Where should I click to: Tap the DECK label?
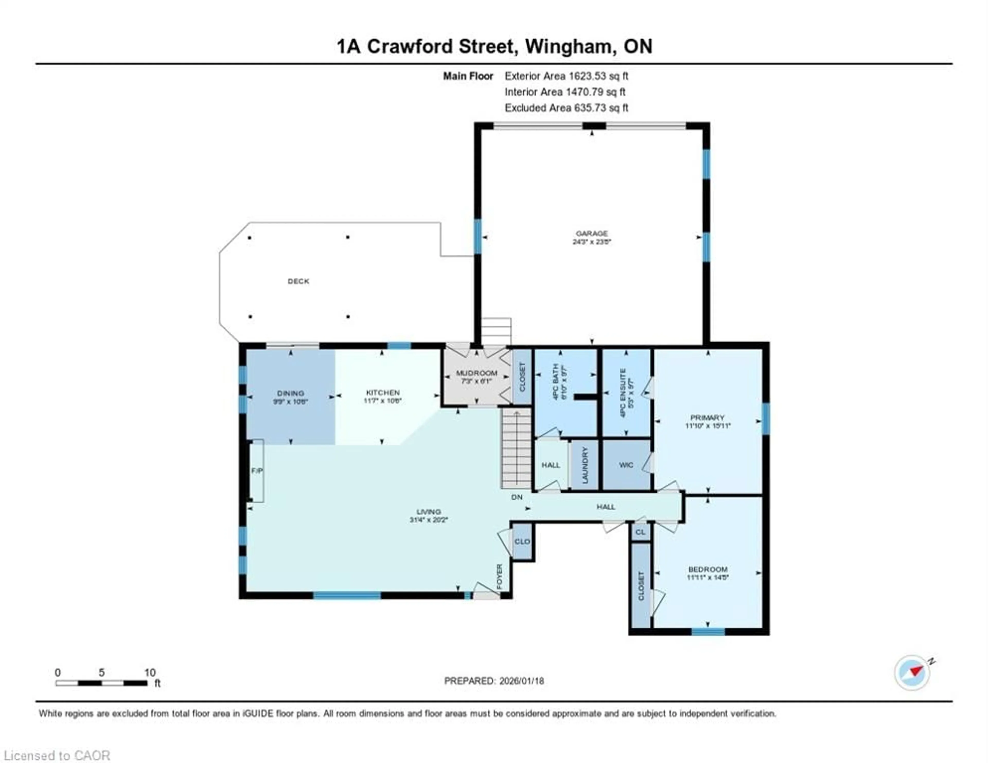(298, 281)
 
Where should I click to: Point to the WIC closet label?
(626, 465)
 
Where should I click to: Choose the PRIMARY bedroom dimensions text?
(708, 426)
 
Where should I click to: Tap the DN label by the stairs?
(517, 497)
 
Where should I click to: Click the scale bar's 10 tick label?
(150, 672)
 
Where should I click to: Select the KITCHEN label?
(383, 393)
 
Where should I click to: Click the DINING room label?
(290, 393)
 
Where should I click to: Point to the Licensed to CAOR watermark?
(57, 755)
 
